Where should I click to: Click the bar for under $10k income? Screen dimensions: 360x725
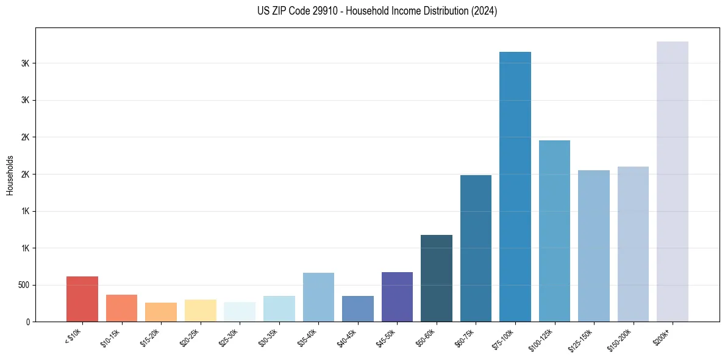coord(82,299)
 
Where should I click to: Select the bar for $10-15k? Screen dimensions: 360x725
coord(121,308)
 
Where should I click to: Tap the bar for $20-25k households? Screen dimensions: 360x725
coord(200,311)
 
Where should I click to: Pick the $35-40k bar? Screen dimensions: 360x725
coord(318,297)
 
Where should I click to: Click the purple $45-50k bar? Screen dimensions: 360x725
coord(397,297)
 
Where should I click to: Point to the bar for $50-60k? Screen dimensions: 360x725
coord(437,278)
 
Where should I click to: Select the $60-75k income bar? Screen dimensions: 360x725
coord(476,248)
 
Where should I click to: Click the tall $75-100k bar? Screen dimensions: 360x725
coord(515,187)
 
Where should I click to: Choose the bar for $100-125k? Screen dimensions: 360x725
coord(554,231)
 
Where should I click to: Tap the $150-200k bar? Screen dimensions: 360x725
coord(633,244)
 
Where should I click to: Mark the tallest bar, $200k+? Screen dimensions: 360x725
coord(673,181)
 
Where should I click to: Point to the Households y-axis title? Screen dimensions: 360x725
coord(10,175)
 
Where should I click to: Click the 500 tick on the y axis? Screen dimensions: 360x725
coord(23,285)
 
